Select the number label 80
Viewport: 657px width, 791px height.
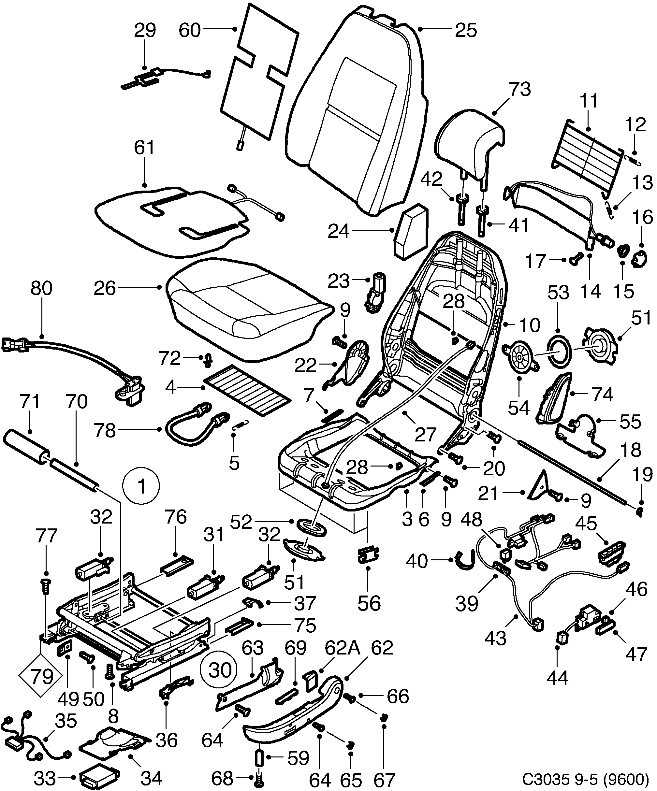pos(41,288)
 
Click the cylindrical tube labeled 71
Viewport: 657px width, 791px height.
pos(26,444)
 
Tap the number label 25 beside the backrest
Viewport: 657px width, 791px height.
pos(466,30)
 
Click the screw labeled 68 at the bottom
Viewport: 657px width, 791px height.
pos(258,777)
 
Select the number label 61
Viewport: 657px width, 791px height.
pos(145,148)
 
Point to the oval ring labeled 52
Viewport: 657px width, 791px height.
pos(311,526)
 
